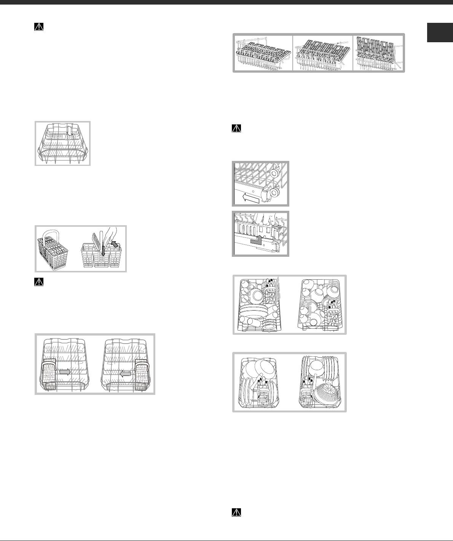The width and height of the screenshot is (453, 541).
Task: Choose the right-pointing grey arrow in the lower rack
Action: tap(65, 372)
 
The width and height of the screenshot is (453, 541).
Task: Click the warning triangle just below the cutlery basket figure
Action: tap(39, 282)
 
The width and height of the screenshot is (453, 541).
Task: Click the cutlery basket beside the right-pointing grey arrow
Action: tap(49, 373)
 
